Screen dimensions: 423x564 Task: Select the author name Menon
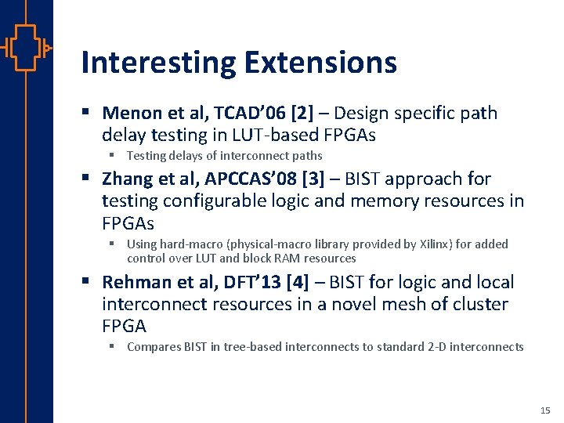(128, 114)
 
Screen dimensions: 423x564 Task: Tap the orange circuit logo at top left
(26, 48)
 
